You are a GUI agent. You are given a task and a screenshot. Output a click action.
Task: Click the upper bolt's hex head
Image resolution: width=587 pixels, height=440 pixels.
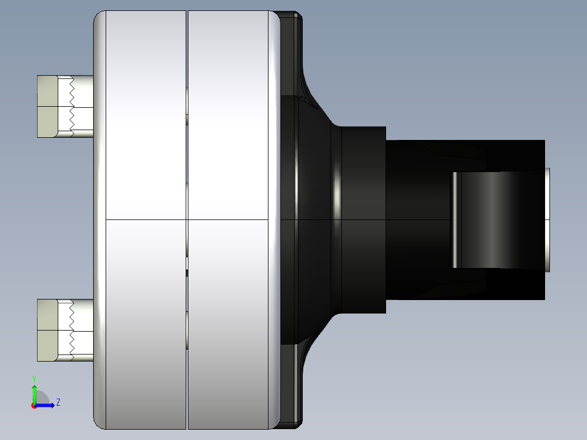click(47, 106)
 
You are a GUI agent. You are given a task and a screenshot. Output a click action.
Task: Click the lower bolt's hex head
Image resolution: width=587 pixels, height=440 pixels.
click(47, 330)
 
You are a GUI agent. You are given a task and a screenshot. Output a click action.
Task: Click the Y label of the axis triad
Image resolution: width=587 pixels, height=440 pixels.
click(34, 378)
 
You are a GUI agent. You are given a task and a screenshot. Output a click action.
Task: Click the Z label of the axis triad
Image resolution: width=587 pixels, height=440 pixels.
click(58, 402)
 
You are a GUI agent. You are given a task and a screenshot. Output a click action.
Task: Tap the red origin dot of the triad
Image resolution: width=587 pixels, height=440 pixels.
click(33, 406)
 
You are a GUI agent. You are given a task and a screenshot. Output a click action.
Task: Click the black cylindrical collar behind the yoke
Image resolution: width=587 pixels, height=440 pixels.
click(362, 218)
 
